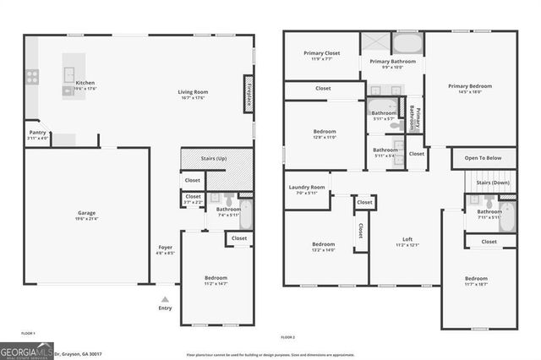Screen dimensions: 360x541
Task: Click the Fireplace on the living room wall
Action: [x=249, y=95]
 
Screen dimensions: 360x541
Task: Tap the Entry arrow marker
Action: [x=165, y=299]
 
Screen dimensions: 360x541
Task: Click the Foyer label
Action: [x=164, y=250]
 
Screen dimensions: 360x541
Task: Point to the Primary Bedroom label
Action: [x=469, y=88]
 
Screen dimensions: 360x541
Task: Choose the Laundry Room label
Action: [x=306, y=189]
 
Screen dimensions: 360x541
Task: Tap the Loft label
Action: [x=407, y=242]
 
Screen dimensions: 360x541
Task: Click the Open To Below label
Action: [x=483, y=158]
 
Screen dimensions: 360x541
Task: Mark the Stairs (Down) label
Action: [x=492, y=183]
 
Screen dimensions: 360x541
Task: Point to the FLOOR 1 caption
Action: [x=27, y=334]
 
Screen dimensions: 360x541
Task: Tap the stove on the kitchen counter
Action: [x=33, y=76]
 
